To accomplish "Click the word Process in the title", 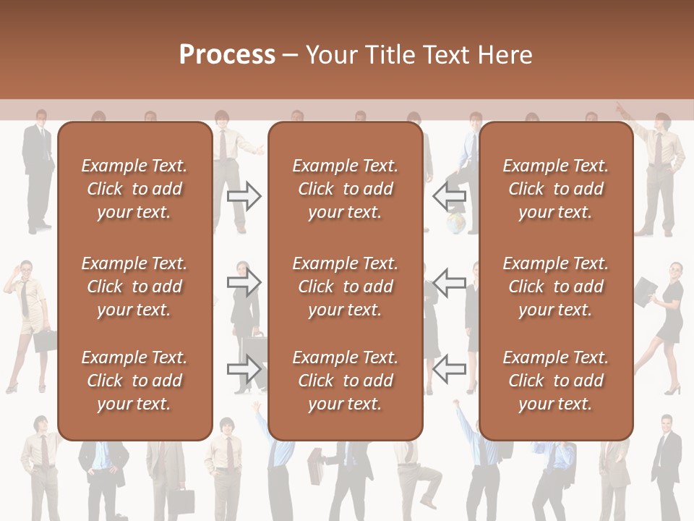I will tap(227, 55).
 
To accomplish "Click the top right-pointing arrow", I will tap(244, 196).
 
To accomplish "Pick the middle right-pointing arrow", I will tap(244, 282).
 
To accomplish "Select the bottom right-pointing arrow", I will tap(244, 368).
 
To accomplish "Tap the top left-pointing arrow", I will tap(450, 196).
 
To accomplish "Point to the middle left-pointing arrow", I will tap(450, 282).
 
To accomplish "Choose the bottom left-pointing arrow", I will tap(450, 368).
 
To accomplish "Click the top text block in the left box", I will tap(134, 189).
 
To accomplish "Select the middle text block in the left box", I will tap(134, 287).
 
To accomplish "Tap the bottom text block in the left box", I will tap(134, 381).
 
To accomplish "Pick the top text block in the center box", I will tap(345, 189).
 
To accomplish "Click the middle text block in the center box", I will tap(345, 287).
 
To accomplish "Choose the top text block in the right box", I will tap(555, 189).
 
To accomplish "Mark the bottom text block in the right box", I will tap(555, 381).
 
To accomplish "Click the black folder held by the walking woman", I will tap(645, 293).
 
